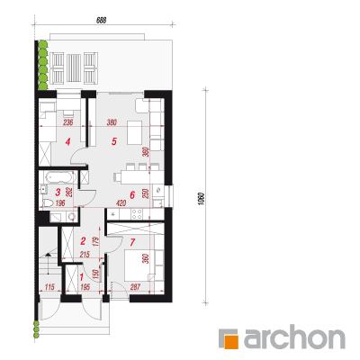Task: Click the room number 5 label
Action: pyautogui.click(x=113, y=141)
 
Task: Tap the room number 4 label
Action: pyautogui.click(x=68, y=141)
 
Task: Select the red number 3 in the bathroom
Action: pyautogui.click(x=58, y=192)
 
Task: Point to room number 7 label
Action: pyautogui.click(x=132, y=242)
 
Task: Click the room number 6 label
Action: pyautogui.click(x=132, y=195)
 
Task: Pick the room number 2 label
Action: pyautogui.click(x=84, y=241)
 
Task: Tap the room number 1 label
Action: pyautogui.click(x=81, y=276)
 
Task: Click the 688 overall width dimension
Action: pyautogui.click(x=102, y=20)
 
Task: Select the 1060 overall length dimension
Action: pyautogui.click(x=202, y=199)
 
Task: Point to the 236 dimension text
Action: pyautogui.click(x=68, y=122)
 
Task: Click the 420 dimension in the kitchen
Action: pyautogui.click(x=121, y=203)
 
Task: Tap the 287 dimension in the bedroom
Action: pyautogui.click(x=135, y=287)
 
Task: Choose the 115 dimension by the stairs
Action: pyautogui.click(x=49, y=287)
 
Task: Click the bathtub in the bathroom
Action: pyautogui.click(x=59, y=177)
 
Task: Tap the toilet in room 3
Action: pyautogui.click(x=48, y=203)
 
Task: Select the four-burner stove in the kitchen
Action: pyautogui.click(x=137, y=214)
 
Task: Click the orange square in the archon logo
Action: pyautogui.click(x=232, y=342)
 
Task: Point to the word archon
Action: pyautogui.click(x=294, y=339)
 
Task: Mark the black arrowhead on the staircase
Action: pyautogui.click(x=48, y=255)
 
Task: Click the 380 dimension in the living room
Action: pyautogui.click(x=112, y=122)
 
